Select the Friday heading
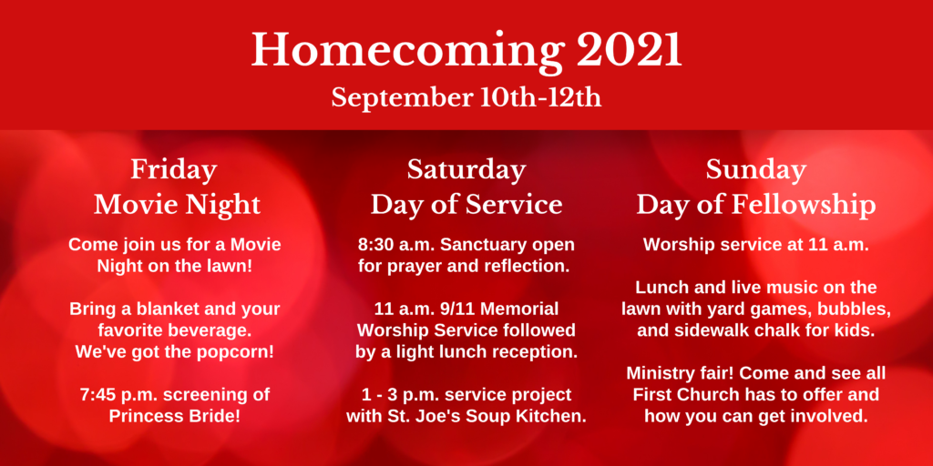[174, 170]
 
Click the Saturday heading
[466, 170]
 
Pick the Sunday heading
[755, 170]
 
